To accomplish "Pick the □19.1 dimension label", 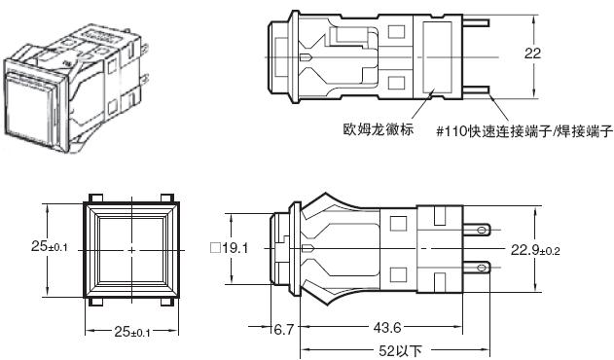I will tap(231, 248).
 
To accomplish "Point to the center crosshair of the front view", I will tap(131, 249).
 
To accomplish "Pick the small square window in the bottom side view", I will tap(397, 223).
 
